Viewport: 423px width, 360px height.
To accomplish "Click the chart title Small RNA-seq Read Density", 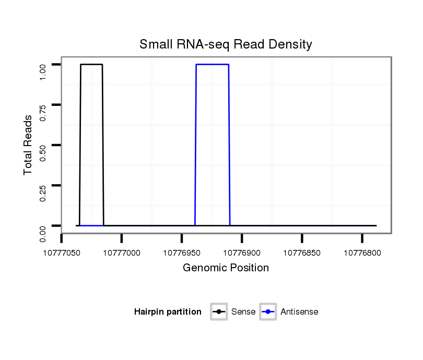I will tap(226, 44).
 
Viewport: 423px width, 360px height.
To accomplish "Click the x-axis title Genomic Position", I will tap(226, 268).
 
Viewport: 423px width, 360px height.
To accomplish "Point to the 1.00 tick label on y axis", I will tap(43, 71).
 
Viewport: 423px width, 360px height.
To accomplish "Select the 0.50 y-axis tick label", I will tap(43, 152).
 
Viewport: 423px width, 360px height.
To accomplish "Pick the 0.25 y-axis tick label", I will tap(43, 193).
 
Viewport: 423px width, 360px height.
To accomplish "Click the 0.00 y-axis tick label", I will tap(43, 233).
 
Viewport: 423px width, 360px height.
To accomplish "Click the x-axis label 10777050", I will tap(62, 253).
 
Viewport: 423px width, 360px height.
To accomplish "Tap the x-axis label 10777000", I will tap(122, 253).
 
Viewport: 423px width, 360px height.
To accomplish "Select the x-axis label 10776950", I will tap(182, 253).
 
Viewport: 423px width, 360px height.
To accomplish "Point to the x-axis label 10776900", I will tap(242, 253).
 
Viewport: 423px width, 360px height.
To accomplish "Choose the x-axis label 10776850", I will tap(302, 253).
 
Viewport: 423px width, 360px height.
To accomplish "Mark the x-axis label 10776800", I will tap(362, 253).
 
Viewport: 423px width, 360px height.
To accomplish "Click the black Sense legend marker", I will tap(219, 312).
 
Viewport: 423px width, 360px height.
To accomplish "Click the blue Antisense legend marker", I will tap(268, 312).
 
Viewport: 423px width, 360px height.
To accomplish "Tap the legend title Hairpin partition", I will tap(168, 312).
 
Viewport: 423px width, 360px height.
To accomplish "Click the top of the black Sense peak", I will tap(91, 64).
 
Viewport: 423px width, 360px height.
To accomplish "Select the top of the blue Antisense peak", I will tap(213, 64).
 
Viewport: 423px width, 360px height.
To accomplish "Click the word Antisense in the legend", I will tap(299, 312).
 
